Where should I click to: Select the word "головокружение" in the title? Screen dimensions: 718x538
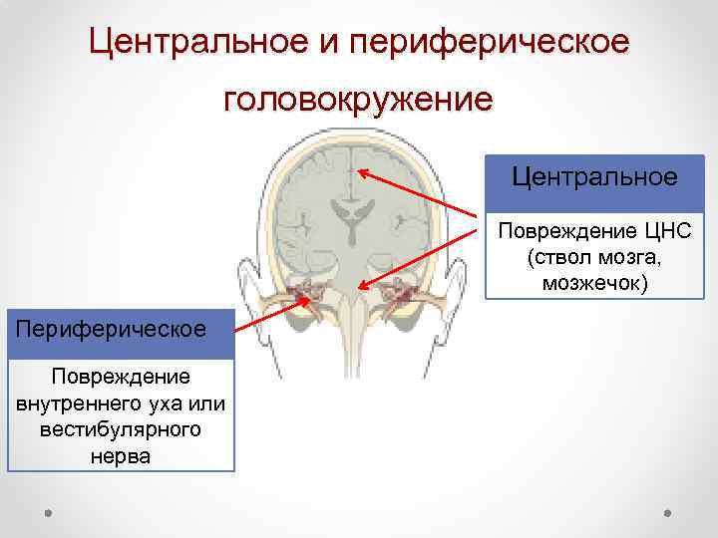[358, 100]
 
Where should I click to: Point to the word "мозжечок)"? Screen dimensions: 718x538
[595, 284]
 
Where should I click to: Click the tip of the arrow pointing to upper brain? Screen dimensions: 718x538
[361, 172]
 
